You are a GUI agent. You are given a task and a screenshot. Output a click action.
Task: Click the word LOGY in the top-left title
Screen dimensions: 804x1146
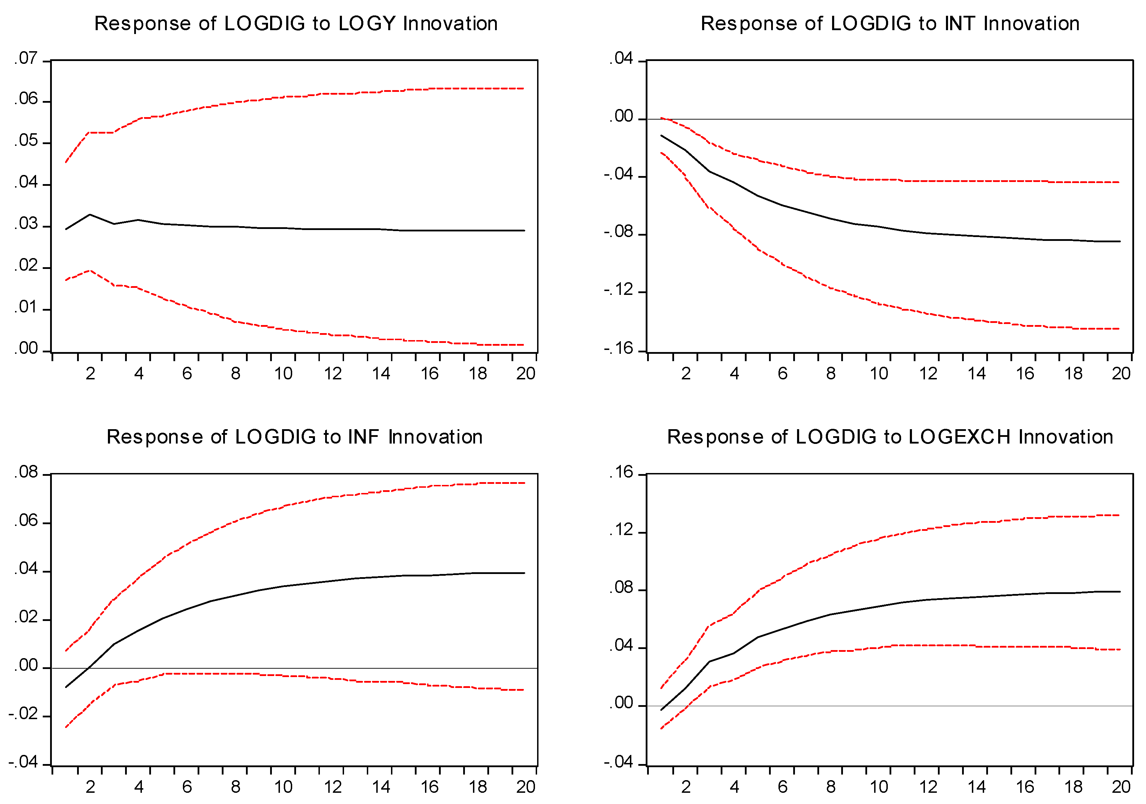coord(367,24)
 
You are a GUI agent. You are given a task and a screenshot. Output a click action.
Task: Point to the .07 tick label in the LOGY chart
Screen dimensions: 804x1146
coord(26,59)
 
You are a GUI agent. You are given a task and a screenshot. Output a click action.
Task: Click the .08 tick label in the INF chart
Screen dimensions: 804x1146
coord(26,472)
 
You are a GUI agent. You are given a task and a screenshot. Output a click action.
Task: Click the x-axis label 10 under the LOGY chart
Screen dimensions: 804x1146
coord(283,373)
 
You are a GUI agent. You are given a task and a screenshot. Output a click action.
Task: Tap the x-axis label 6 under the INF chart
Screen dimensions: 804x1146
coord(187,787)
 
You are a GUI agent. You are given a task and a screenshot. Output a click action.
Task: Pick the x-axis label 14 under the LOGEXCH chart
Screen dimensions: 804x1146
coord(976,787)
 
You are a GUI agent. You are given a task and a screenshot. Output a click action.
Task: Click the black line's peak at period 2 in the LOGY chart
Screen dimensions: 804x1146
coord(90,215)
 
